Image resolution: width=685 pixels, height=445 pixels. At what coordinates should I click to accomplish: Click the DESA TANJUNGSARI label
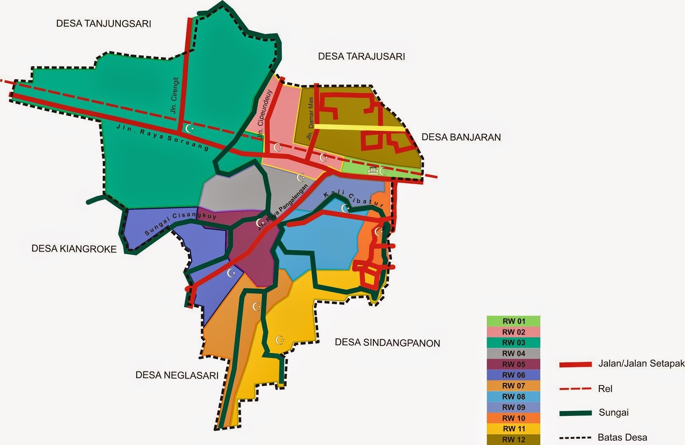104,24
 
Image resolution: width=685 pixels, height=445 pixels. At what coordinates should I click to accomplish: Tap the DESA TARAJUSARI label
361,56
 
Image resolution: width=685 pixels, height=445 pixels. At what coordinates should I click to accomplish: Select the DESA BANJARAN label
461,137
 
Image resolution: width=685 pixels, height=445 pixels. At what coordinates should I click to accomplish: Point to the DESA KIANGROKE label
74,249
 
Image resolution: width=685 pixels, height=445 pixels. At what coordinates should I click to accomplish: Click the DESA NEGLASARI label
177,375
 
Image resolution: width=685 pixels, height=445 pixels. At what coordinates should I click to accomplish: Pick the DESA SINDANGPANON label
387,343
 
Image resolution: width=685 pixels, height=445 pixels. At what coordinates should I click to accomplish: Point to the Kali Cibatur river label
354,199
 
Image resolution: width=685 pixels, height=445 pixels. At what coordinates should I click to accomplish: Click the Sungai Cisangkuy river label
181,223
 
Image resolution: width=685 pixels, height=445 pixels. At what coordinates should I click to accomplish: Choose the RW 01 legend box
513,321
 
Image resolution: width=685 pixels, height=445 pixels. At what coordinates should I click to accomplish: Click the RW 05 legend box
513,364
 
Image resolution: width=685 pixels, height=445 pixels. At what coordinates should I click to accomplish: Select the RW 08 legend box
513,397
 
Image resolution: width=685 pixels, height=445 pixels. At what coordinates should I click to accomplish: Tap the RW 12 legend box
513,439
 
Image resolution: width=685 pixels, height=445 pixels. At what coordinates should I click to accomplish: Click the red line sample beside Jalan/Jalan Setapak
575,365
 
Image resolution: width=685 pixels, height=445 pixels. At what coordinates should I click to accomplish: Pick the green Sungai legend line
575,413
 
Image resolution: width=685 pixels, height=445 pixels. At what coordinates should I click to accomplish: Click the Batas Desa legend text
622,437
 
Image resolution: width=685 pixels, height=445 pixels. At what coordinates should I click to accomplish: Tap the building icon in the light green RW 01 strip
373,171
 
